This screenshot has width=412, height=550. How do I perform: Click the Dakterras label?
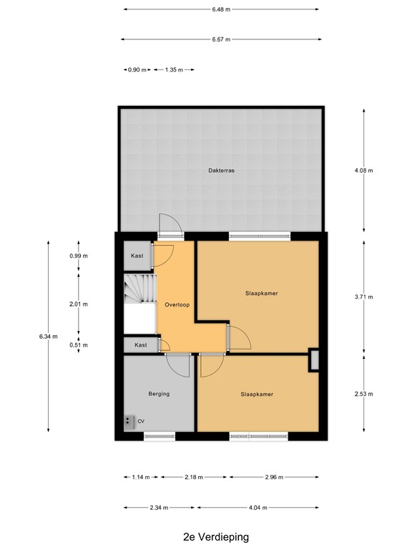(222, 171)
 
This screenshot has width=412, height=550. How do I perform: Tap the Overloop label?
(176, 304)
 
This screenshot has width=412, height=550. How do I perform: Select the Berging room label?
(159, 393)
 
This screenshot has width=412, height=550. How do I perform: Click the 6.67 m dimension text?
(221, 39)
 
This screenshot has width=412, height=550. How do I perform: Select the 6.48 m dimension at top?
(221, 9)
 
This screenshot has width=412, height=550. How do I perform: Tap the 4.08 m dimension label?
(364, 170)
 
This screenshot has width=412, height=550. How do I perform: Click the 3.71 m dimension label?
(364, 296)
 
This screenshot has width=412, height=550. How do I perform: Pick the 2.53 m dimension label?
(364, 394)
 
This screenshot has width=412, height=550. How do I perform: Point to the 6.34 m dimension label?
(48, 336)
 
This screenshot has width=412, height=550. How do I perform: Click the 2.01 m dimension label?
(79, 304)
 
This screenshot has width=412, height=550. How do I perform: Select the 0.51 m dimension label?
(79, 345)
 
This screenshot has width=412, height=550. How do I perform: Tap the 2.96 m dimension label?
(274, 478)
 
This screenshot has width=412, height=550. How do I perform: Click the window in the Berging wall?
(159, 435)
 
